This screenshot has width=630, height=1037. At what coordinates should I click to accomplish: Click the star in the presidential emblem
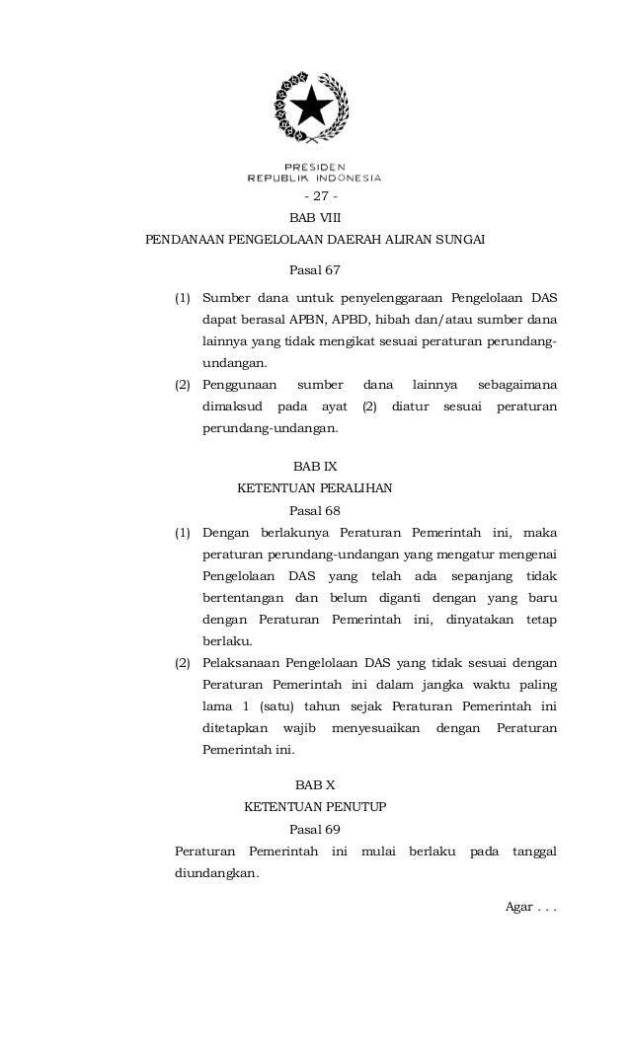click(x=313, y=106)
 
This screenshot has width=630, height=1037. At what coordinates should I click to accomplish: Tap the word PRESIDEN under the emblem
click(x=314, y=167)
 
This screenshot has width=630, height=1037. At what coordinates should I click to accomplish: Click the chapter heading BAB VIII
click(x=315, y=217)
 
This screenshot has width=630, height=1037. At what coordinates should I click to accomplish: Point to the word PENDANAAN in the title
click(x=186, y=240)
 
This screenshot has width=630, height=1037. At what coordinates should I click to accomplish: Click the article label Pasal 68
click(x=314, y=511)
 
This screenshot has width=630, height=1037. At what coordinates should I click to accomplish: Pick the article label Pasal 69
click(x=314, y=829)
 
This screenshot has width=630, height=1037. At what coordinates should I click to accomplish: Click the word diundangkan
click(x=216, y=873)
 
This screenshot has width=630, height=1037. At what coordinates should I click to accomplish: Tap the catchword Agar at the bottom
click(x=518, y=907)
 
